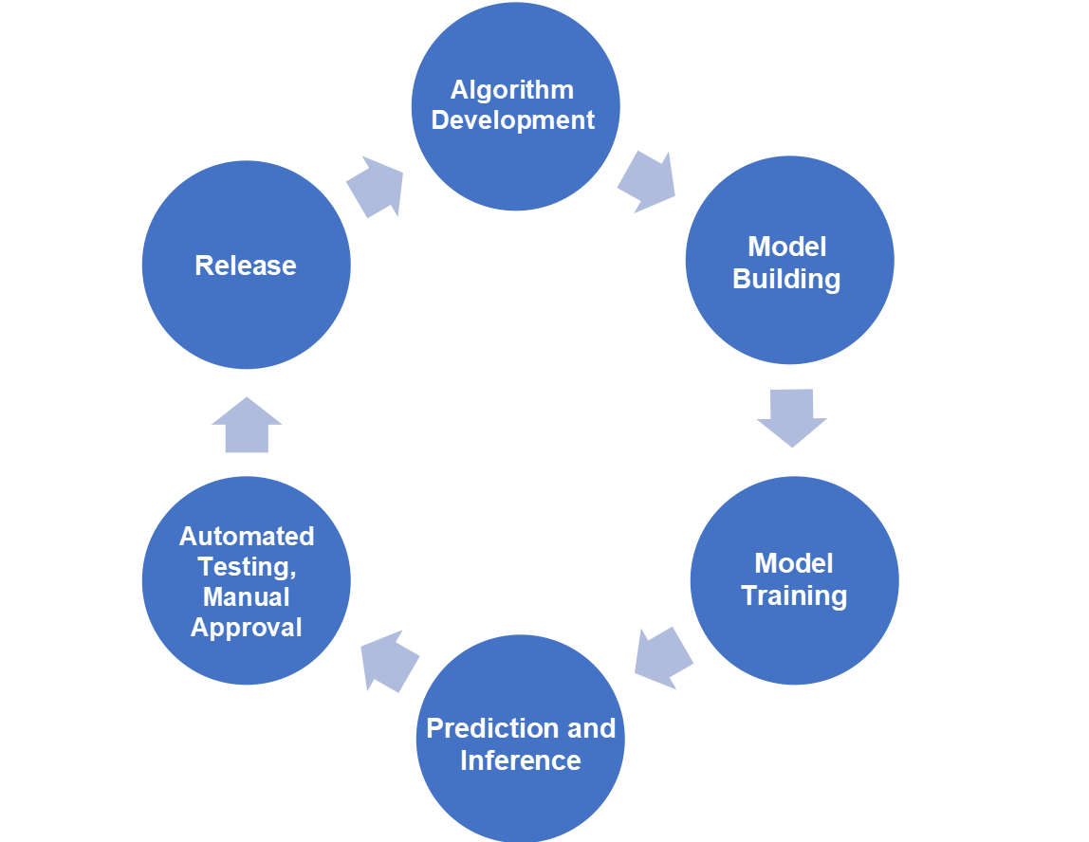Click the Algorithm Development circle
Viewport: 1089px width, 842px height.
[x=515, y=106]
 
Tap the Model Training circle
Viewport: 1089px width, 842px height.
[x=794, y=579]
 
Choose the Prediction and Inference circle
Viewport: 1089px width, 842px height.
[x=521, y=740]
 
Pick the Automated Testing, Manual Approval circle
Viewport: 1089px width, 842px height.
[x=247, y=580]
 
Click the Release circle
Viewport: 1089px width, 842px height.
[x=247, y=265]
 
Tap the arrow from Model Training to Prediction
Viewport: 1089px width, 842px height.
[x=663, y=656]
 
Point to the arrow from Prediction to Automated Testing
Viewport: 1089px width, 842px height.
[x=391, y=659]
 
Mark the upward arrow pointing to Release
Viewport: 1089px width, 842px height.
[x=247, y=426]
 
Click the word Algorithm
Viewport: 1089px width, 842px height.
[x=512, y=90]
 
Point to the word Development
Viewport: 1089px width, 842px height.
[x=513, y=120]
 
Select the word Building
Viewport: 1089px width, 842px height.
[x=786, y=279]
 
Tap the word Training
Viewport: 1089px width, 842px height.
[x=794, y=595]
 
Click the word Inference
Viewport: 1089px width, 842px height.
[x=521, y=760]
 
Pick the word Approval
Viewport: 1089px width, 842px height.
[x=247, y=627]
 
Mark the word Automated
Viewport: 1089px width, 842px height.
[x=247, y=536]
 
